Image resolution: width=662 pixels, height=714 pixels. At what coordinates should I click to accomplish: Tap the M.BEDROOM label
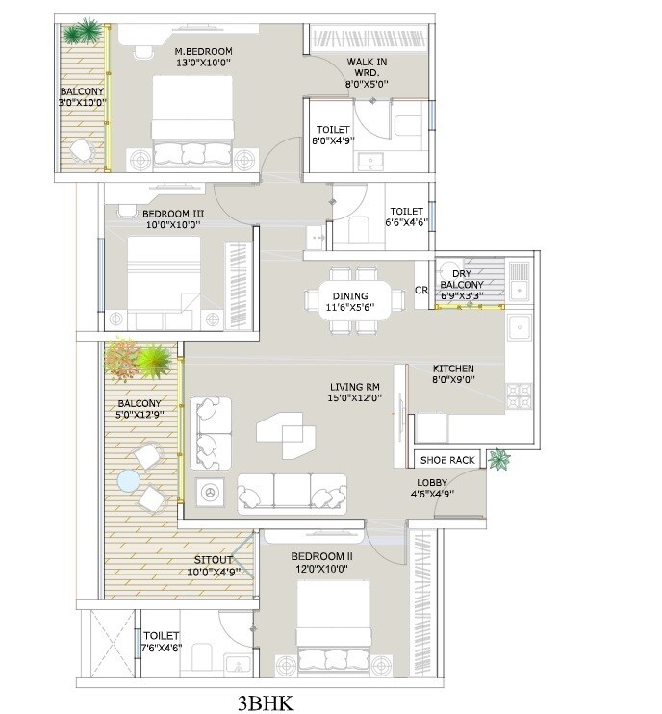pyautogui.click(x=203, y=51)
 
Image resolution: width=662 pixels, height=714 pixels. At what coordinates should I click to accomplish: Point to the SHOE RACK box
pyautogui.click(x=446, y=460)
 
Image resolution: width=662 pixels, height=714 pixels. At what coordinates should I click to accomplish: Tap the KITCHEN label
pyautogui.click(x=453, y=370)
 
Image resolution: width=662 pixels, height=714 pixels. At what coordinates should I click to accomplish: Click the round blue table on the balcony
pyautogui.click(x=128, y=479)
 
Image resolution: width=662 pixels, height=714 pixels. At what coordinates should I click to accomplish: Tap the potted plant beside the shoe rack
pyautogui.click(x=497, y=459)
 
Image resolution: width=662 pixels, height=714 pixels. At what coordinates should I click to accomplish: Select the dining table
pyautogui.click(x=348, y=299)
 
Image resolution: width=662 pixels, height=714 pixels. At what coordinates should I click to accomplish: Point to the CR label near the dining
pyautogui.click(x=420, y=290)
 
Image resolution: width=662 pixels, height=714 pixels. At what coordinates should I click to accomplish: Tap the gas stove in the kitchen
pyautogui.click(x=520, y=394)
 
